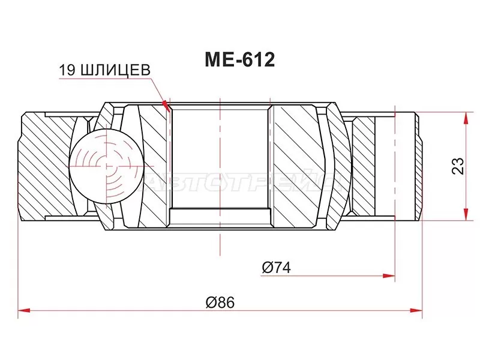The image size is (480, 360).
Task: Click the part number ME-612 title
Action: pyautogui.click(x=239, y=60)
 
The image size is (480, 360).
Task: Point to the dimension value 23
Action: pyautogui.click(x=457, y=166)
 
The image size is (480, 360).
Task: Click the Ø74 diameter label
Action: pyautogui.click(x=276, y=268)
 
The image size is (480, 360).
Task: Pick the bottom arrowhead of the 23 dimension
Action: pyautogui.click(x=465, y=217)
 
